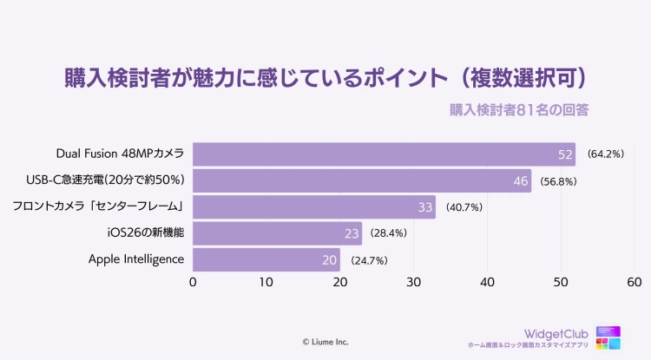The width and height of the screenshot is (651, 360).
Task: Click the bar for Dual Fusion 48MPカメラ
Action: click(382, 154)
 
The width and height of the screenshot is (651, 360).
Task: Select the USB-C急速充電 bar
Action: click(360, 180)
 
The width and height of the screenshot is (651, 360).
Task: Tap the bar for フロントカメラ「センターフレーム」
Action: click(312, 207)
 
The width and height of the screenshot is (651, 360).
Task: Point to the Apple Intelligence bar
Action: click(266, 259)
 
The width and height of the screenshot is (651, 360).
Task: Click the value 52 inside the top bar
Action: click(565, 154)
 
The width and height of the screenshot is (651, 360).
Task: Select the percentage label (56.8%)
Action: click(558, 181)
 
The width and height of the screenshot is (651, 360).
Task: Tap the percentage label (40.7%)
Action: click(464, 207)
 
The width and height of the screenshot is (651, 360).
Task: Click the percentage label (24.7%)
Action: click(368, 259)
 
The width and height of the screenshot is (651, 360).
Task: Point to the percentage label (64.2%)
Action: click(606, 154)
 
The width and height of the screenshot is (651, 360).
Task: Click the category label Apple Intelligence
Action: click(136, 259)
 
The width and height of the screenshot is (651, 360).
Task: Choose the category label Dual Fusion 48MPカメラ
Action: click(120, 154)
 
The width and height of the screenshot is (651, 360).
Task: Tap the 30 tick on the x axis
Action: click(413, 282)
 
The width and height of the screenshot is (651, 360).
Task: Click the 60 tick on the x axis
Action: click(634, 282)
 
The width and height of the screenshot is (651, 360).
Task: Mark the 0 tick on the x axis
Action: click(193, 282)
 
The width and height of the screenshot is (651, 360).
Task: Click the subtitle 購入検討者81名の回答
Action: click(520, 110)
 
